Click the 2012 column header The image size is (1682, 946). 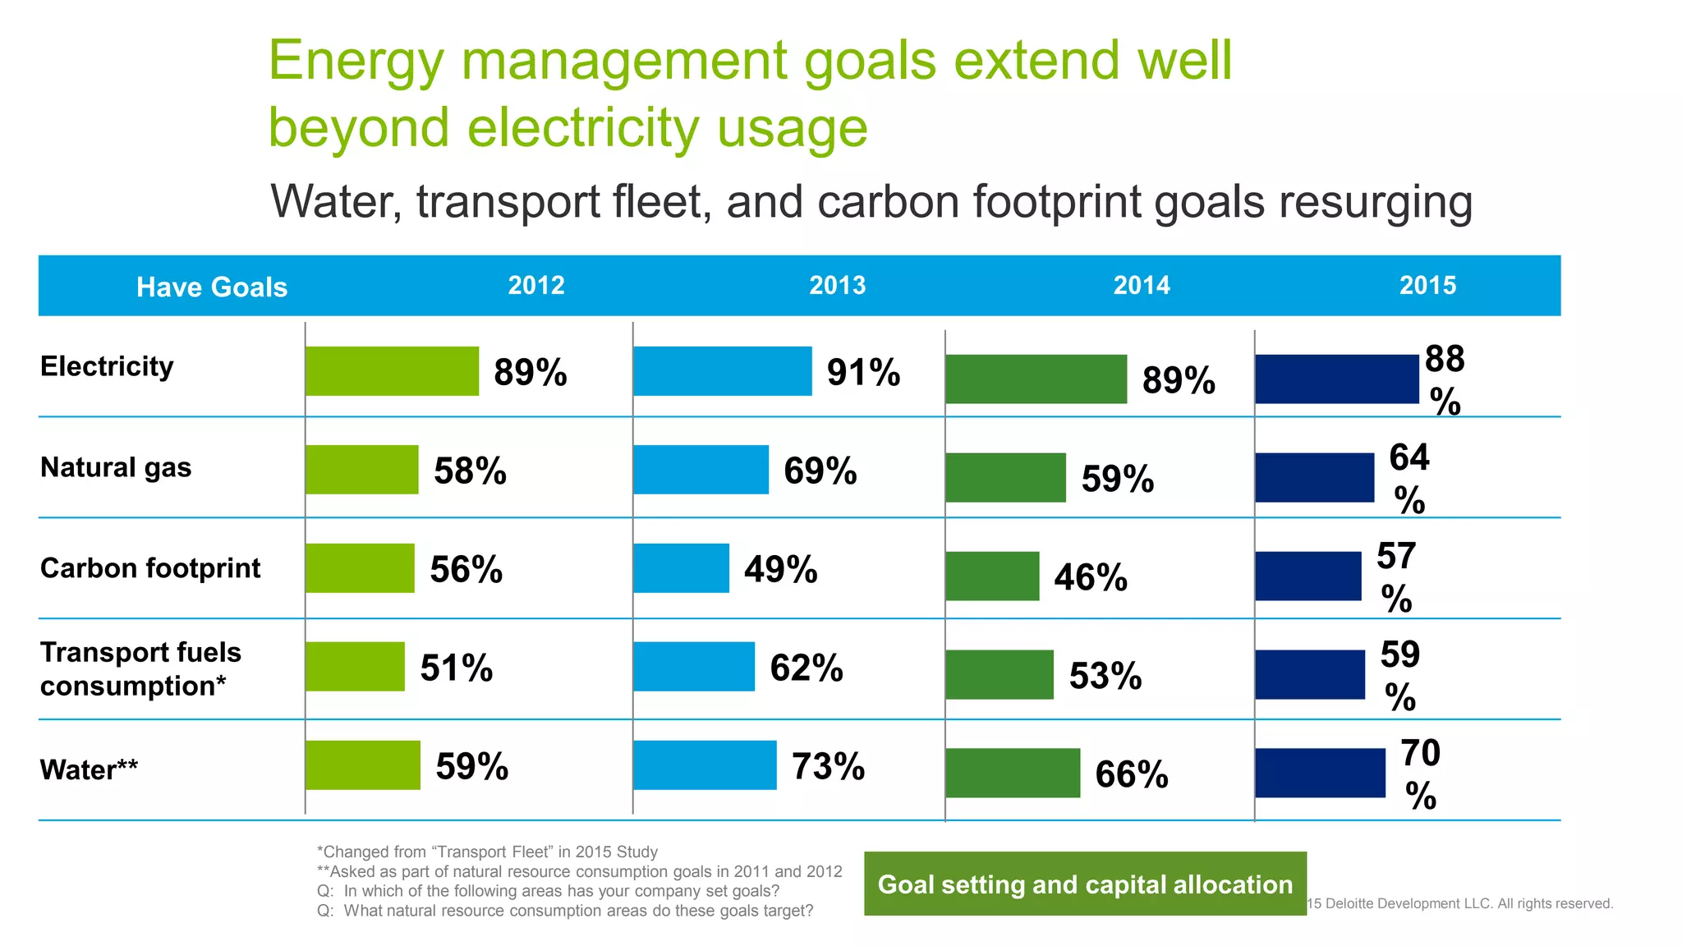pos(536,285)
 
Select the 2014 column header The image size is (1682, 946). pos(1142,285)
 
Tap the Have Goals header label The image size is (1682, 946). pos(212,287)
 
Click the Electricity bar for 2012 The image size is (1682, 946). pos(392,371)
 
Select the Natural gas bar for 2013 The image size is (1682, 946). pos(701,470)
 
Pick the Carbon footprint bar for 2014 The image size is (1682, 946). pos(992,576)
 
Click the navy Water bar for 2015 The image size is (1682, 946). pos(1320,773)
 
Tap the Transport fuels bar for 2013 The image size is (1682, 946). pos(694,667)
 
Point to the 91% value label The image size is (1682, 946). pos(863,373)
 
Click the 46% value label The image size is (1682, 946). pos(1091,577)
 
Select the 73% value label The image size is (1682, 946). pos(828,766)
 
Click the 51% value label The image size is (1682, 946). pos(457,668)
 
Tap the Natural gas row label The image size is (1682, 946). pos(116,467)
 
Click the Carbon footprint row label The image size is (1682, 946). pos(150,568)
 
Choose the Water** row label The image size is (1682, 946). pos(89,770)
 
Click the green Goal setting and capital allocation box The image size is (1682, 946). pos(1085,884)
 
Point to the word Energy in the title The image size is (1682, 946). pos(356,61)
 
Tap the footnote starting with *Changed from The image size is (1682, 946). pos(487,852)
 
